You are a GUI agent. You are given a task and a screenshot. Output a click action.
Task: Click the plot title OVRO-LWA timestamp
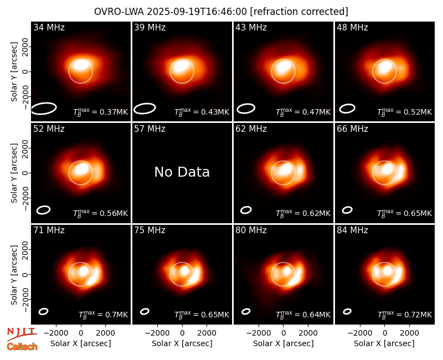pyautogui.click(x=221, y=12)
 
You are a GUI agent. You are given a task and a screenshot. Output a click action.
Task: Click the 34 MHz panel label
pyautogui.click(x=49, y=27)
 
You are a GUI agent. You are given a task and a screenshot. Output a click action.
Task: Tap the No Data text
pyautogui.click(x=182, y=172)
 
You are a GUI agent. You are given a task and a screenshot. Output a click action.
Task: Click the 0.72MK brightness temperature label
pyautogui.click(x=405, y=314)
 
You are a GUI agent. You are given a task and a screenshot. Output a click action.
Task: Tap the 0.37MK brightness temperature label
pyautogui.click(x=101, y=112)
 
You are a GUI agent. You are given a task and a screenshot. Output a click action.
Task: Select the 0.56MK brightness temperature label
pyautogui.click(x=101, y=213)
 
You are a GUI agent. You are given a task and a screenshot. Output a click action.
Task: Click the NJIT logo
pyautogui.click(x=22, y=334)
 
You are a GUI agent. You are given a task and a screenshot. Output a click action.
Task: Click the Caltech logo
pyautogui.click(x=22, y=347)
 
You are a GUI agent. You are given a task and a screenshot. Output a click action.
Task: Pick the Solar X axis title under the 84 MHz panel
pyautogui.click(x=384, y=343)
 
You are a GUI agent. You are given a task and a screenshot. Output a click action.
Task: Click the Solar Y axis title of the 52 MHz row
pyautogui.click(x=14, y=173)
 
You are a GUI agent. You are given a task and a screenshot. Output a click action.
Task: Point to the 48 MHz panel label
pyautogui.click(x=352, y=27)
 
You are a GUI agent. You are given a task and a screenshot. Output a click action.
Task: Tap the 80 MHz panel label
pyautogui.click(x=251, y=230)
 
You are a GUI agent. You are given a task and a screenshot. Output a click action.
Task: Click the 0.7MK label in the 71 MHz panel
pyautogui.click(x=103, y=314)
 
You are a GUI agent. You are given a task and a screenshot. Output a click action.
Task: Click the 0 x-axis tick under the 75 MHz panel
pyautogui.click(x=182, y=333)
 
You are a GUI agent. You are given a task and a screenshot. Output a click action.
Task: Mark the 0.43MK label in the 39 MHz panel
pyautogui.click(x=202, y=112)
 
